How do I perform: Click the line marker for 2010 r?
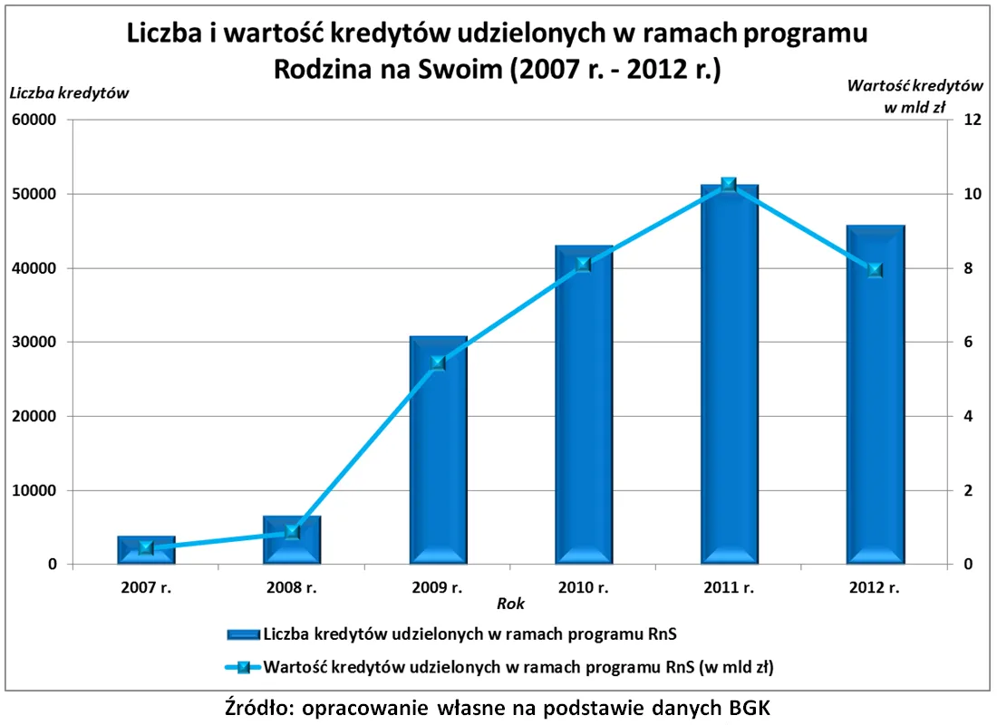tap(584, 265)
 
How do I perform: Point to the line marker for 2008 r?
tap(292, 532)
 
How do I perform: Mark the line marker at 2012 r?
tap(876, 270)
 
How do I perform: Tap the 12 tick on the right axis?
tap(973, 121)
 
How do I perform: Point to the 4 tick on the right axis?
tap(969, 417)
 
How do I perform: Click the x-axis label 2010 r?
tap(584, 587)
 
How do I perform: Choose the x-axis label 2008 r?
tap(292, 587)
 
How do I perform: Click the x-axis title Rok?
tap(510, 604)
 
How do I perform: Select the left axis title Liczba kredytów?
tap(69, 92)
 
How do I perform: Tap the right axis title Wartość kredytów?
tap(915, 86)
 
